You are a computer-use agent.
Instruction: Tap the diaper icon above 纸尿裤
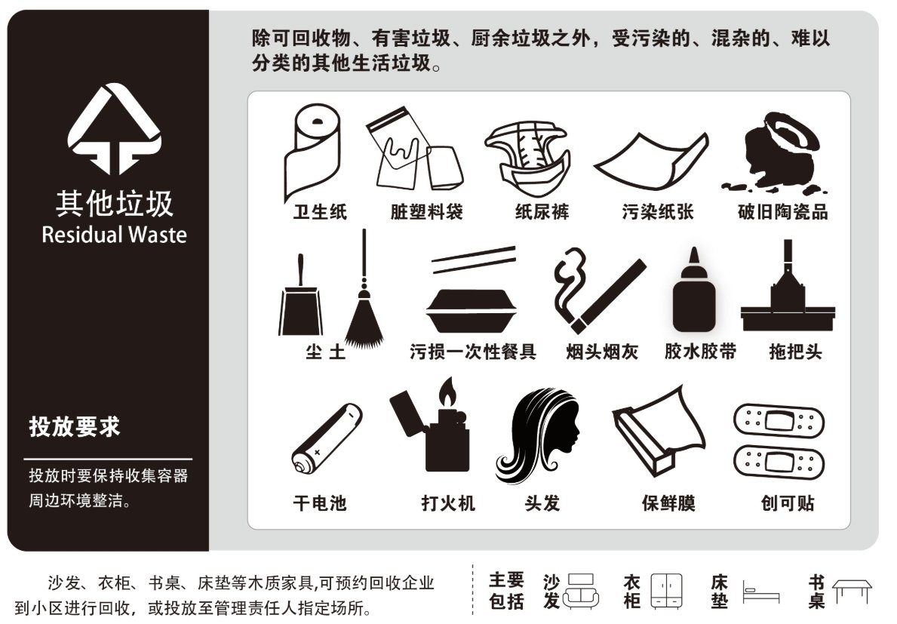point(527,158)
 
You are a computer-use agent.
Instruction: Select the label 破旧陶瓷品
point(782,211)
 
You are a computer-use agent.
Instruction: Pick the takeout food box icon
point(472,311)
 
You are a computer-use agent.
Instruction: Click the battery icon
point(327,438)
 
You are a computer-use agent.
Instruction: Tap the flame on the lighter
point(447,392)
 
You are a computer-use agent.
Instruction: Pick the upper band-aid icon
point(779,421)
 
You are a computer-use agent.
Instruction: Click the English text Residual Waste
point(115,235)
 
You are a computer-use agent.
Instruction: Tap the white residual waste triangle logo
point(115,129)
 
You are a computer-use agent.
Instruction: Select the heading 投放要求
point(75,426)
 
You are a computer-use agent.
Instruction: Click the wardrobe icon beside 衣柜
point(666,591)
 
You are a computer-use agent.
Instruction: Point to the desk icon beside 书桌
point(852,591)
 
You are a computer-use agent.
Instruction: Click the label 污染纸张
point(658,211)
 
